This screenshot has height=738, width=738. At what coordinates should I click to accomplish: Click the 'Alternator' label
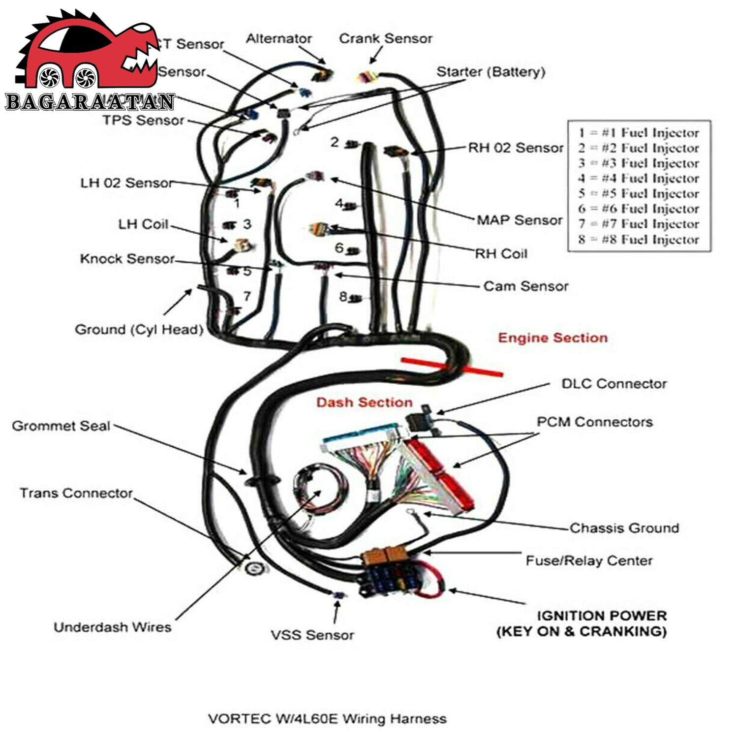278,38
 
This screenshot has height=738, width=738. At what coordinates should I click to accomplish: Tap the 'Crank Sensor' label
385,38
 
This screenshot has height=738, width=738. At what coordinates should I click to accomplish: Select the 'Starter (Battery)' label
491,72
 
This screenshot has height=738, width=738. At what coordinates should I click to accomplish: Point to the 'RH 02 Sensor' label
515,148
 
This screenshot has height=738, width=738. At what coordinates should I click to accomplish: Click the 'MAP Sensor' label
519,220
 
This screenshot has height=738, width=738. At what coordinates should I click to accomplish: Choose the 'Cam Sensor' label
525,286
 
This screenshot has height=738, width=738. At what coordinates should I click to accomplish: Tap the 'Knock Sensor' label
127,259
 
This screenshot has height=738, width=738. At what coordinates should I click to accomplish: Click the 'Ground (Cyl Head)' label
139,329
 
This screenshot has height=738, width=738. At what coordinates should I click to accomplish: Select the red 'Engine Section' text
553,338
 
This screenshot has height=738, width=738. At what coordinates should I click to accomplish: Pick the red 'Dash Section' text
364,402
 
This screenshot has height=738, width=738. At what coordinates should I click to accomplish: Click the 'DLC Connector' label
614,383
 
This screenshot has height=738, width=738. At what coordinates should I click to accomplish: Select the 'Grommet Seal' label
61,426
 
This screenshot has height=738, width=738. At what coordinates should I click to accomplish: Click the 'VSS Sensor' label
312,635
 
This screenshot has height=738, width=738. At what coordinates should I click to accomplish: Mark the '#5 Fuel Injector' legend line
639,193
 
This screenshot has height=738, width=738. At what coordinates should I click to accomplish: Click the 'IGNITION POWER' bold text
601,615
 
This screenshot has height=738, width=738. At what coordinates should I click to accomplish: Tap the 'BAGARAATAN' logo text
90,102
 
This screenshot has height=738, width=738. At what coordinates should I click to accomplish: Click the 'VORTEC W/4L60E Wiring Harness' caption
327,719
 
